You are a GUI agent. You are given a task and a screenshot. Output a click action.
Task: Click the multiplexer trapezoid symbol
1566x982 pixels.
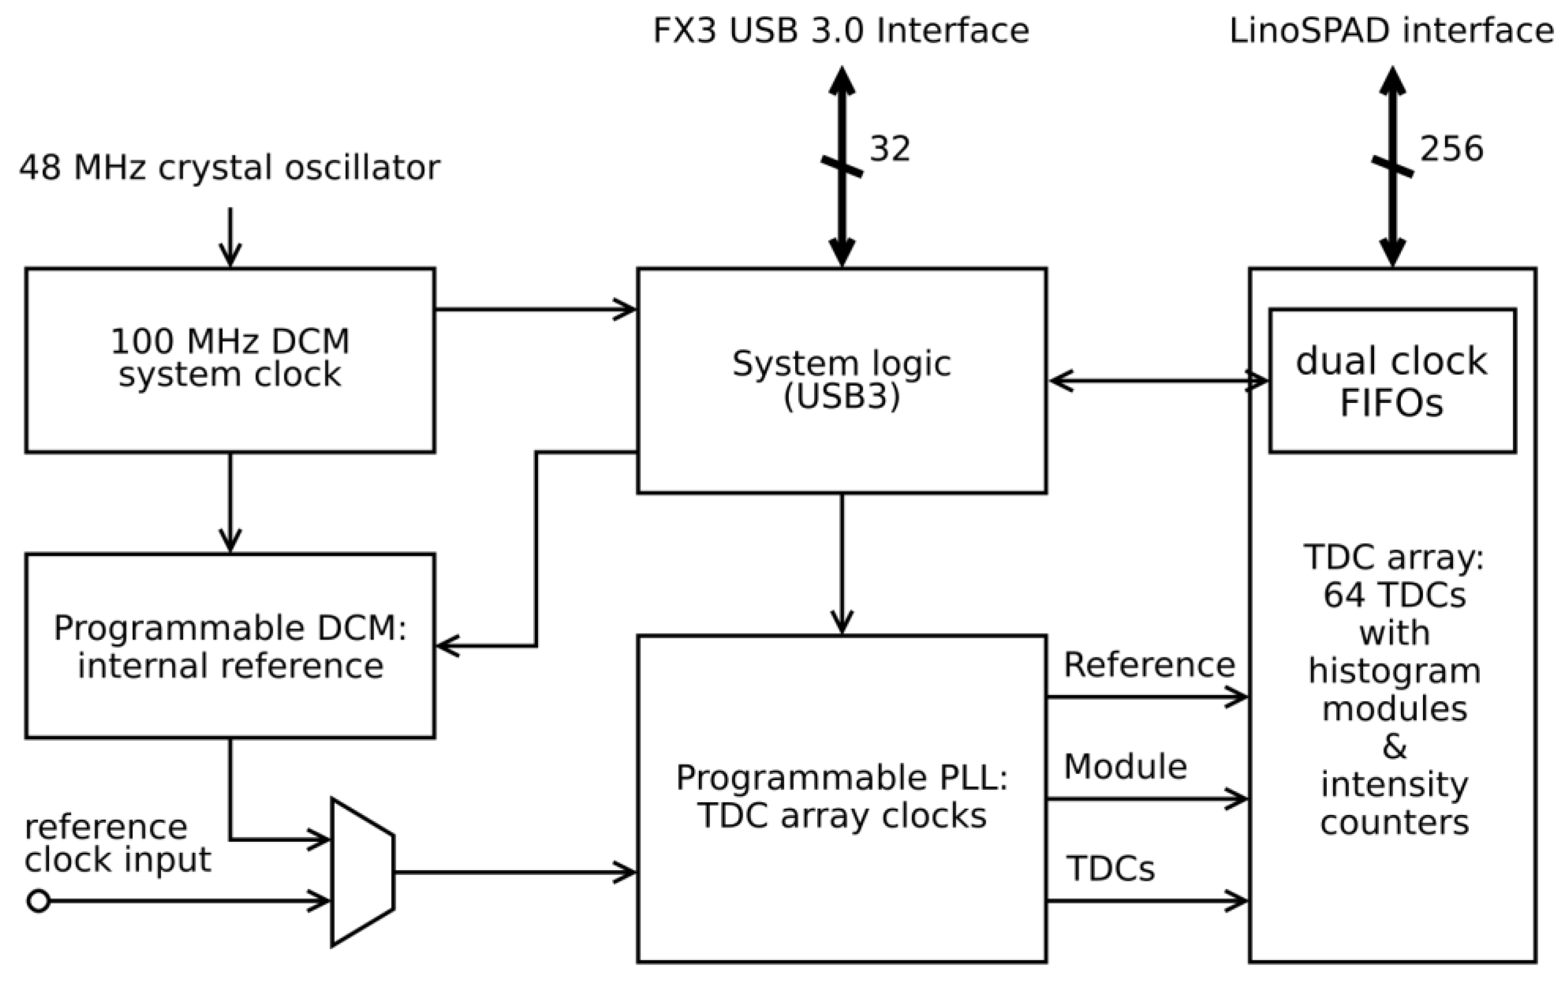point(362,872)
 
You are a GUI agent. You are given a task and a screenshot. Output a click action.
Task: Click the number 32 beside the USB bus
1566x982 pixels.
point(890,149)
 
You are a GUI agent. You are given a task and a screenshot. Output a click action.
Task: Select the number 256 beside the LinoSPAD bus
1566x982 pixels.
point(1451,149)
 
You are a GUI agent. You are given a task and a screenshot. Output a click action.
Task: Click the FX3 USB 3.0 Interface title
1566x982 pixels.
point(841,30)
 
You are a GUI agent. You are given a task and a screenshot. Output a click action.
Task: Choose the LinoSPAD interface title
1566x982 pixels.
point(1392,30)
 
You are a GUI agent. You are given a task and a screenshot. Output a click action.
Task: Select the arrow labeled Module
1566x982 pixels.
point(1147,799)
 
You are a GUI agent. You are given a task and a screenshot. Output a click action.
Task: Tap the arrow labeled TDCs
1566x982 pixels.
point(1147,901)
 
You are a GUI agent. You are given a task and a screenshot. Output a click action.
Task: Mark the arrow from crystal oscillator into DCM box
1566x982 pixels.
point(230,237)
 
